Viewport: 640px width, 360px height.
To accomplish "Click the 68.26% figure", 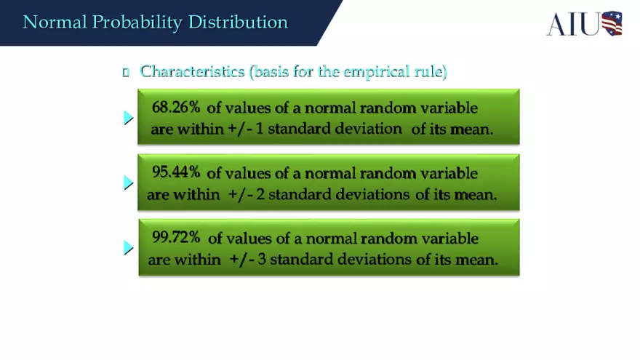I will click(x=176, y=107).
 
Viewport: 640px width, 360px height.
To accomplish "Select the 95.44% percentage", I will click(x=176, y=172).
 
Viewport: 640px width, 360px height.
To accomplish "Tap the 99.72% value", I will click(x=176, y=237).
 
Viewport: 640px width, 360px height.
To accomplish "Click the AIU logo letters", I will click(x=573, y=24).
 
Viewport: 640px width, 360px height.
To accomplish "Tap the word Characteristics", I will click(x=193, y=71).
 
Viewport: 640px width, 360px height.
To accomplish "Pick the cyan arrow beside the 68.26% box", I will click(x=129, y=117).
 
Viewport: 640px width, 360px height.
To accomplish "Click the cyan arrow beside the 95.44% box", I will click(x=129, y=183).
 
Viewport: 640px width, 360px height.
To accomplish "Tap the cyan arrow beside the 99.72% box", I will click(x=129, y=248).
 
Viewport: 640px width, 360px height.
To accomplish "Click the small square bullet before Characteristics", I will click(x=126, y=72).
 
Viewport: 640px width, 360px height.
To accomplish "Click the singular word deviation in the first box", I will click(x=367, y=129).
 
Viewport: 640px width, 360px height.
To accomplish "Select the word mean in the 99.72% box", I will click(x=477, y=260).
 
